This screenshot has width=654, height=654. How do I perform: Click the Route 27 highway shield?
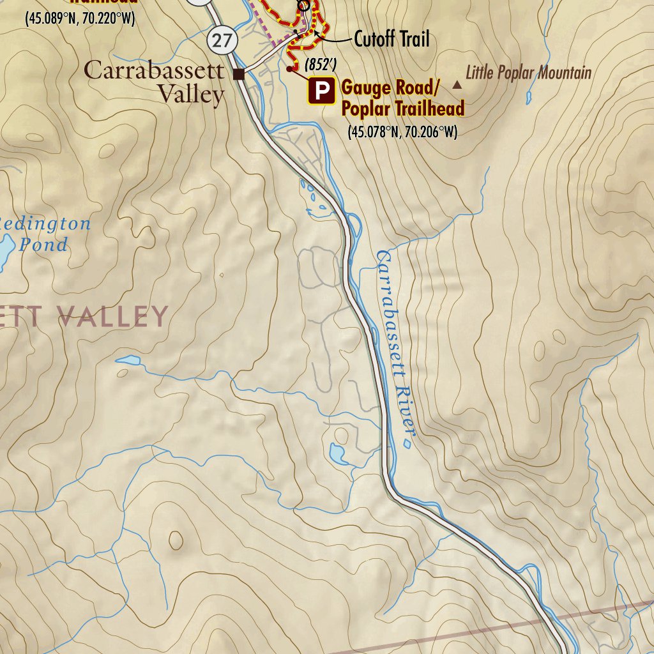222,41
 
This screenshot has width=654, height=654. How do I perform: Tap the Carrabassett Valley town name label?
154,82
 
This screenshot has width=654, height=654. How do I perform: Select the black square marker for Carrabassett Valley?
239,75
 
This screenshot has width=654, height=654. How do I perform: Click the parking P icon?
322,91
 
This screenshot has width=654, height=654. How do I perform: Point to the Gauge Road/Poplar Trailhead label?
402,98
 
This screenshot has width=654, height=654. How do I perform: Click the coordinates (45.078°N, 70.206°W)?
402,133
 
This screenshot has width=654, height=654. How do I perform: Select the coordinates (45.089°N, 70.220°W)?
80,19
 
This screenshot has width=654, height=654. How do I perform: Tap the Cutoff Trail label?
392,40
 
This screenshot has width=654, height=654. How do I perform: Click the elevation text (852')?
321,65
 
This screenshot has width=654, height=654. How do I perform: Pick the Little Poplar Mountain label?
528,72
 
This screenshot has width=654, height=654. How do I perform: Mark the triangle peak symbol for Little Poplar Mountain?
457,84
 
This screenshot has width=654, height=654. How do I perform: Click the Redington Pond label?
45,234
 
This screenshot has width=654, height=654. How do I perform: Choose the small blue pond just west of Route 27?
337,454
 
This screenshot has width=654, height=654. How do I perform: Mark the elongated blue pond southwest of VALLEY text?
128,361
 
